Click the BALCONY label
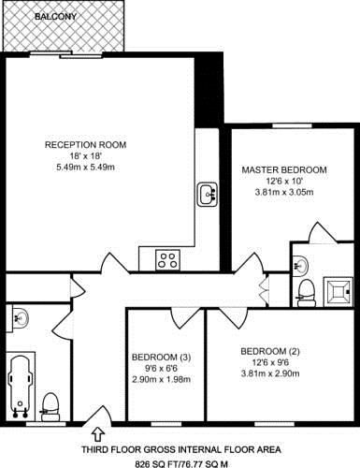point(55,17)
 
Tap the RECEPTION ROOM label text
point(86,145)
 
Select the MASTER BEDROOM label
point(284,170)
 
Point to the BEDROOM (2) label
point(270,352)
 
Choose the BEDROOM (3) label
point(161,358)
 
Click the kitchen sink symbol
point(208,194)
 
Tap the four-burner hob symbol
point(167,260)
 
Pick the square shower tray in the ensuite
point(338,292)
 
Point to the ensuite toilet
point(306,293)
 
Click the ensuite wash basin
point(300,266)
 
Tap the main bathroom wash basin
point(20,318)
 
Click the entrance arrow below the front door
point(98,434)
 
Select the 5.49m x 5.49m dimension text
point(85,168)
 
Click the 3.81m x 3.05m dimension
point(284,192)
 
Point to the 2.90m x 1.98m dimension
point(161,379)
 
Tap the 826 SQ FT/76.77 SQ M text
point(181,464)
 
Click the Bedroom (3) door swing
point(180,318)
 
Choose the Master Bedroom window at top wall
point(292,125)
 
